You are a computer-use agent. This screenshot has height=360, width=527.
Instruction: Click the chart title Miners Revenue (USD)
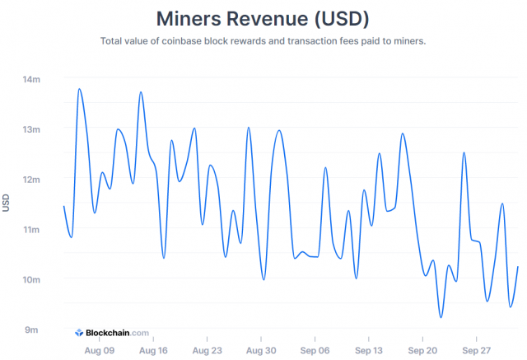pos(263,17)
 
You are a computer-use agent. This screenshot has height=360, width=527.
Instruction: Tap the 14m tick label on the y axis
pos(31,79)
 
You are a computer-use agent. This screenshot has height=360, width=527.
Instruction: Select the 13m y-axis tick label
pos(31,129)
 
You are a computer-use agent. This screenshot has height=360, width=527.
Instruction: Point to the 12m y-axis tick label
pos(31,179)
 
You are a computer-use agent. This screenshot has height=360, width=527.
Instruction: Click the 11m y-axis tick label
pos(31,229)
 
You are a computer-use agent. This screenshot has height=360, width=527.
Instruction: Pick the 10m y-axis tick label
pos(31,279)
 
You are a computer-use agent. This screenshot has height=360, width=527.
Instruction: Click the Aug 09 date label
pos(99,349)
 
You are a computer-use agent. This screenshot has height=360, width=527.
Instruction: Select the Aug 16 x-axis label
pos(153,349)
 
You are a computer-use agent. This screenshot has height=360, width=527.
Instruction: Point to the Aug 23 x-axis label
pos(207,349)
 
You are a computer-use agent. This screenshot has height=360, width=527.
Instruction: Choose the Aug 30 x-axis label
pos(261,349)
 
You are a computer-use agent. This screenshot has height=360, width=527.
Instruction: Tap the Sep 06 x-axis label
pos(315,349)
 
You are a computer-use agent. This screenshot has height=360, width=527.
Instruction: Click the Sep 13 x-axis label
pos(369,349)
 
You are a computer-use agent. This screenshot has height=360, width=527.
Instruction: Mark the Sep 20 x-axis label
pos(422,349)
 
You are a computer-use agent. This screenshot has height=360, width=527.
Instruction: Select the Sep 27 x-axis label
pos(477,349)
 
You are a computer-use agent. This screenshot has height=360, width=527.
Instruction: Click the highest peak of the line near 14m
pos(79,89)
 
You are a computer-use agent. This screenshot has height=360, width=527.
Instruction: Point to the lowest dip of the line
pos(441,317)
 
